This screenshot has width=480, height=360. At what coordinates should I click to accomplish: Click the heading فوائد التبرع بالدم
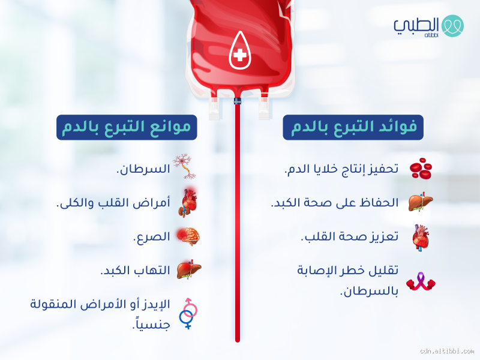(353, 127)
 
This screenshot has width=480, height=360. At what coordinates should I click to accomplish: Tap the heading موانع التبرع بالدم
(127, 127)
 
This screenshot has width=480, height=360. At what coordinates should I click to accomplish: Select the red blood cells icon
(420, 169)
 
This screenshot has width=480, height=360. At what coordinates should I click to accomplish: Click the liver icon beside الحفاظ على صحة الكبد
(420, 203)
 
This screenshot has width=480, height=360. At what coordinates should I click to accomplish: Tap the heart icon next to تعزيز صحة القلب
(420, 236)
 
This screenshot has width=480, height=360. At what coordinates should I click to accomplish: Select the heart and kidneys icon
(188, 203)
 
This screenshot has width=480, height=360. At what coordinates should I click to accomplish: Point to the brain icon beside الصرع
(188, 237)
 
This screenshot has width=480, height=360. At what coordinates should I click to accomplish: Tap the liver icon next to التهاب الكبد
(188, 271)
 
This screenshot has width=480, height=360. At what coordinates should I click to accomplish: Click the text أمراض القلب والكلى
(113, 203)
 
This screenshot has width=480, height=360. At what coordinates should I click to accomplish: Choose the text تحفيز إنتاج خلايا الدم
(340, 169)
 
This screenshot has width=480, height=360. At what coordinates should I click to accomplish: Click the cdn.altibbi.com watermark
(446, 351)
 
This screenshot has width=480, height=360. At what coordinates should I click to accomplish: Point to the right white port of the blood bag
(263, 106)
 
